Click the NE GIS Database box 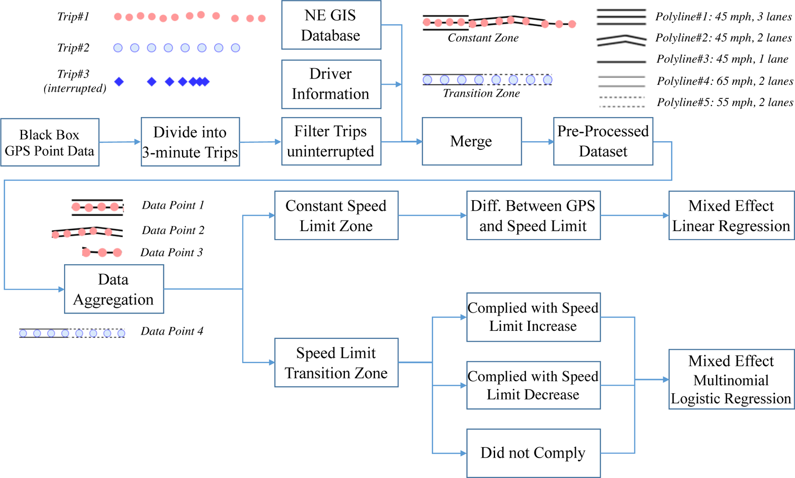pyautogui.click(x=331, y=25)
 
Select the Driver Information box pyautogui.click(x=331, y=84)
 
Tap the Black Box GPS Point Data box pyautogui.click(x=49, y=142)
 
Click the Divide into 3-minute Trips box pyautogui.click(x=190, y=142)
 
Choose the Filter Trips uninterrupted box pyautogui.click(x=331, y=141)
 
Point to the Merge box pyautogui.click(x=471, y=141)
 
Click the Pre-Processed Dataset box pyautogui.click(x=603, y=141)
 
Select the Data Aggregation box pyautogui.click(x=114, y=289)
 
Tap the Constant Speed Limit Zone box pyautogui.click(x=336, y=216)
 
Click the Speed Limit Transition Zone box pyautogui.click(x=336, y=363)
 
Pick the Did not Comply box pyautogui.click(x=533, y=453)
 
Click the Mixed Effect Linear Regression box pyautogui.click(x=731, y=216)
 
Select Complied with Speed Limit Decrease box pyautogui.click(x=533, y=385)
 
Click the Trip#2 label pyautogui.click(x=73, y=48)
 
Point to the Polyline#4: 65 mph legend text pyautogui.click(x=725, y=81)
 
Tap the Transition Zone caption pyautogui.click(x=481, y=93)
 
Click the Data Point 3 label pyautogui.click(x=171, y=252)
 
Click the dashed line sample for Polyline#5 pyautogui.click(x=621, y=102)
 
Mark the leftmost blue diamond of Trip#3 pyautogui.click(x=119, y=82)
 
